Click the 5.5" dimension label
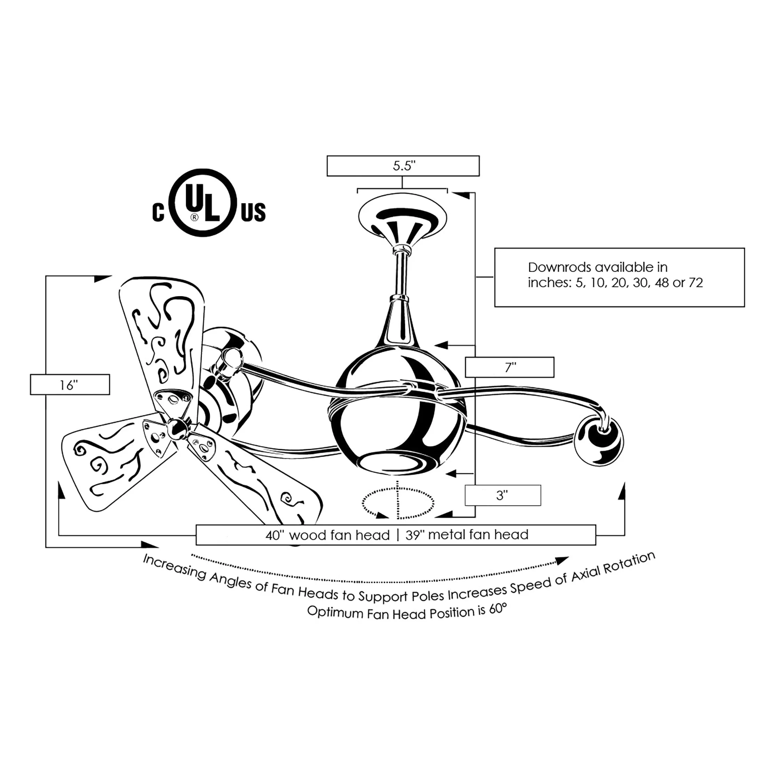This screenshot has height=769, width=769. point(404,166)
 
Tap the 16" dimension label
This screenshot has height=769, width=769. point(69,385)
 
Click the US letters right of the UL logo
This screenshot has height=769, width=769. point(253,212)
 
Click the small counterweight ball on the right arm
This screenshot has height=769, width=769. point(600,441)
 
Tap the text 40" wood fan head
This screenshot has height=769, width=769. point(327,535)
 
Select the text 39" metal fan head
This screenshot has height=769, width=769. point(467,534)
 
